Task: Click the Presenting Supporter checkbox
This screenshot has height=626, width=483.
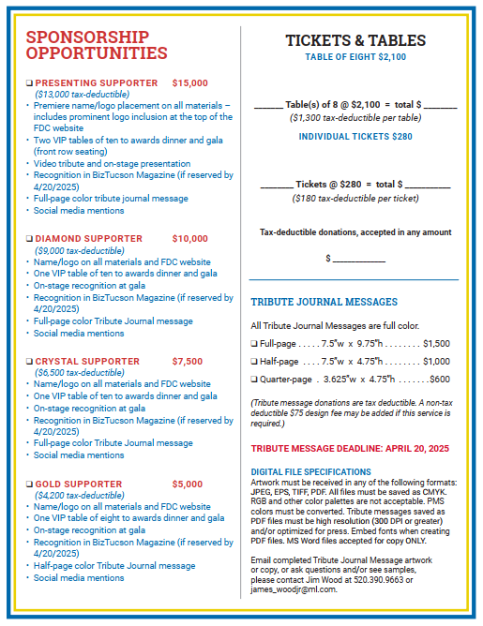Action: [30, 83]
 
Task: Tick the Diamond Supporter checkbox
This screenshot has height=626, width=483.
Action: [30, 239]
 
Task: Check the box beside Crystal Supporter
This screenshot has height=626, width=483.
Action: [30, 361]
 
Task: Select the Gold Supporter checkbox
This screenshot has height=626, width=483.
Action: [30, 484]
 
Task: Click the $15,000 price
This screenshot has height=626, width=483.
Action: [190, 83]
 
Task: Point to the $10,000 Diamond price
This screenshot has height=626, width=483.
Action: [190, 239]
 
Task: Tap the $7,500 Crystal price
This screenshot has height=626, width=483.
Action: [188, 361]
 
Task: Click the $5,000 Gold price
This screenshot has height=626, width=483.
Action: [188, 484]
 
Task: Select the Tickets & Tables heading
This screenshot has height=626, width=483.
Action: [355, 40]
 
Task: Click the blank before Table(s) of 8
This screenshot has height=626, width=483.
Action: [268, 104]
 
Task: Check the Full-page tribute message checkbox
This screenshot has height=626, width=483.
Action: [254, 344]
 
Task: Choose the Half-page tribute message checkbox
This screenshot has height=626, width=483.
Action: [254, 362]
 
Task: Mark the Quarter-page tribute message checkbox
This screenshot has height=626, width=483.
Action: [254, 380]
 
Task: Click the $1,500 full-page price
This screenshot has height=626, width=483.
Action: [436, 344]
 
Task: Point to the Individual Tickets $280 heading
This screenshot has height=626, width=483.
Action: [355, 136]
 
